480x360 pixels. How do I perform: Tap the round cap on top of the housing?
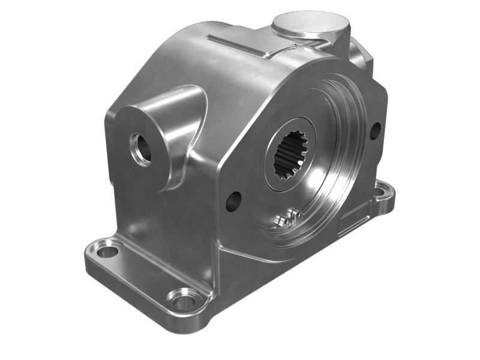(310, 25)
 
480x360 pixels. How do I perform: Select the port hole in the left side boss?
(142, 148)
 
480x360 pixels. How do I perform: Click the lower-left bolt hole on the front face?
(233, 201)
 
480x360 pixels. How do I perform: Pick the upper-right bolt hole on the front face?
(375, 130)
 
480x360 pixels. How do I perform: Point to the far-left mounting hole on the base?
(108, 250)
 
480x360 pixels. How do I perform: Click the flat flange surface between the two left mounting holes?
(144, 270)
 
